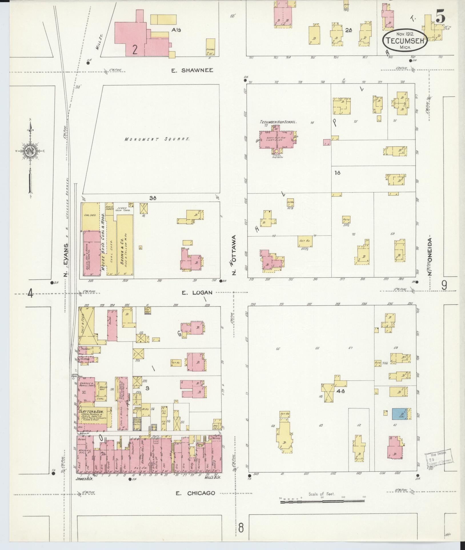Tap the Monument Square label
[x=157, y=139]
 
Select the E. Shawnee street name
[x=192, y=70]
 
